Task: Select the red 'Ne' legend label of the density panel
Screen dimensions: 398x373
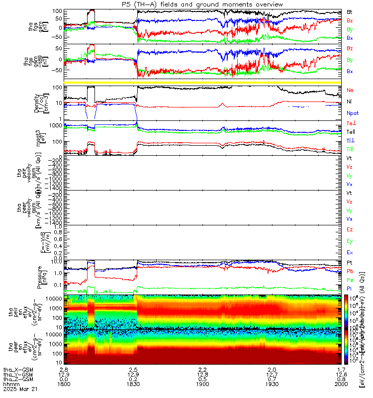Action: (350, 91)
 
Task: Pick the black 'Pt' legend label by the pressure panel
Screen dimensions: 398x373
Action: (350, 262)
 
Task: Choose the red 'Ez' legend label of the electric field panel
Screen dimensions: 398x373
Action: (350, 230)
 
